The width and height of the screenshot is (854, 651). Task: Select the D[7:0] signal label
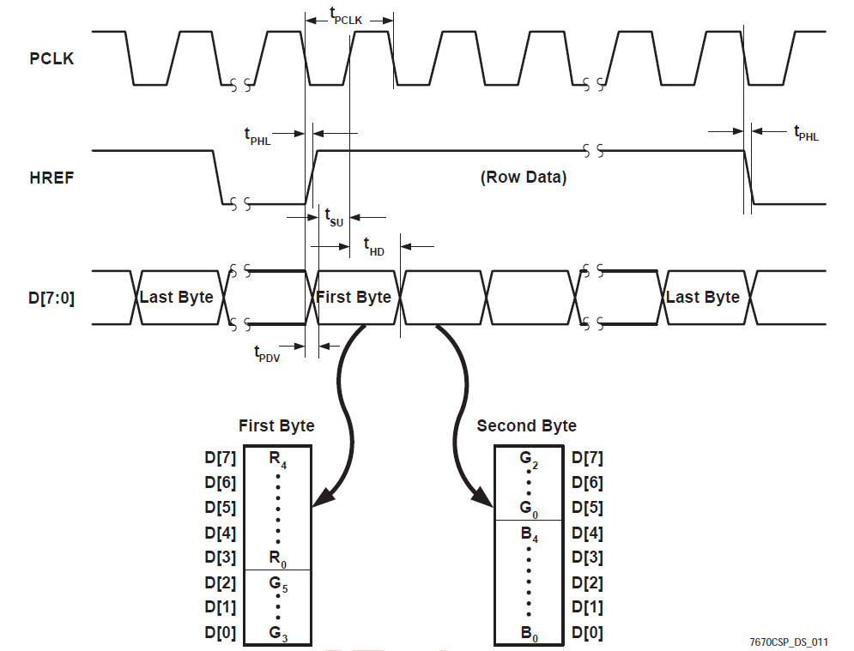pyautogui.click(x=52, y=298)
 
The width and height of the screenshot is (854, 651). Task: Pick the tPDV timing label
pyautogui.click(x=266, y=353)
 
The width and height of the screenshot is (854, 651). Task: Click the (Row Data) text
pyautogui.click(x=523, y=178)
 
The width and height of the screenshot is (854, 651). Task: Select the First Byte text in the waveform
pyautogui.click(x=354, y=298)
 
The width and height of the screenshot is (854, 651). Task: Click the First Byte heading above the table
pyautogui.click(x=276, y=426)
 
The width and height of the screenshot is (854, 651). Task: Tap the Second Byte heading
pyautogui.click(x=527, y=426)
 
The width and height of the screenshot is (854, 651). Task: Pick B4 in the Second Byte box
pyautogui.click(x=528, y=533)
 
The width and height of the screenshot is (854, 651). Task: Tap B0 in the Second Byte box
pyautogui.click(x=528, y=634)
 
